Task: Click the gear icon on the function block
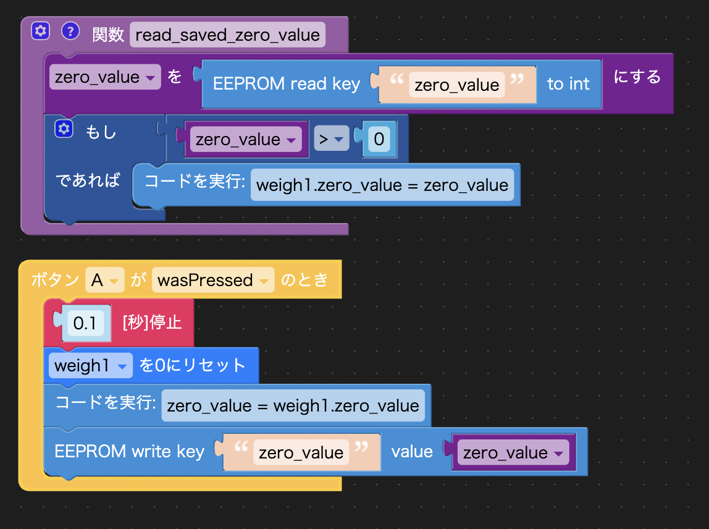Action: (40, 31)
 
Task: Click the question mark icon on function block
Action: (71, 31)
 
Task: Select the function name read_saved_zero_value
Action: (227, 35)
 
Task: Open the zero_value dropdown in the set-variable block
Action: (104, 77)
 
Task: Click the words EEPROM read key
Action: (286, 84)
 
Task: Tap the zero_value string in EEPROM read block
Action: (456, 85)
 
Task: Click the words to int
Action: (568, 84)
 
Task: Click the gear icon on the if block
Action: (64, 129)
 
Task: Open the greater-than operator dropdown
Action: (330, 140)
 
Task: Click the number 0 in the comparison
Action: (379, 140)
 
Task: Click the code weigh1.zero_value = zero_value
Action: (382, 185)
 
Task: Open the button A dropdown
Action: (104, 281)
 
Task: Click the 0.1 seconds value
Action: (85, 323)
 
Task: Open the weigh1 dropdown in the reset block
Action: (90, 366)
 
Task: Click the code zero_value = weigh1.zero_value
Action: (293, 406)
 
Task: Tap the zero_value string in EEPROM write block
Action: (301, 453)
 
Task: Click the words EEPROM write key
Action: (129, 452)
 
